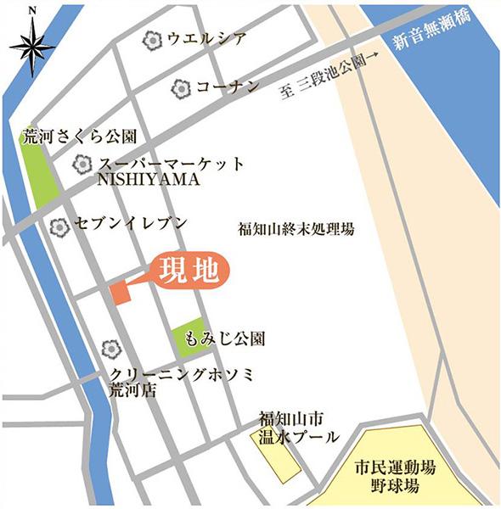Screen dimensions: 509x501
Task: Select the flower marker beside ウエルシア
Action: pos(152,39)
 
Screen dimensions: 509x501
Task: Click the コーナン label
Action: pos(227,87)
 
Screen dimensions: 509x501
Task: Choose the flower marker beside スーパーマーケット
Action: pos(82,164)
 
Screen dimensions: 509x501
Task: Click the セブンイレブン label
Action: pos(128,225)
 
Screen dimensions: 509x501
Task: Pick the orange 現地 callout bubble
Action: pos(190,271)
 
